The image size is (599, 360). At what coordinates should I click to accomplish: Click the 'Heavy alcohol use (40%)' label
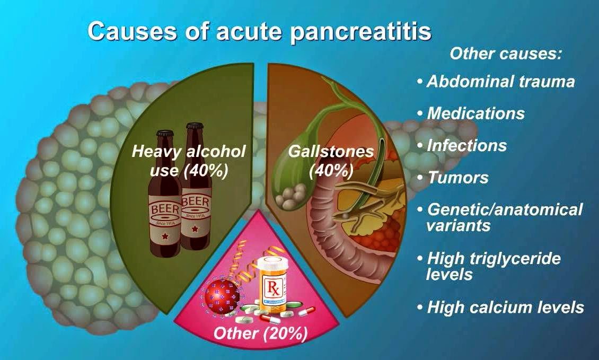pos(189,161)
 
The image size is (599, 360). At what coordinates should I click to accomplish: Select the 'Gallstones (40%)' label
pos(331,160)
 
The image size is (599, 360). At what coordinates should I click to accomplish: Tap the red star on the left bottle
pos(165,235)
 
